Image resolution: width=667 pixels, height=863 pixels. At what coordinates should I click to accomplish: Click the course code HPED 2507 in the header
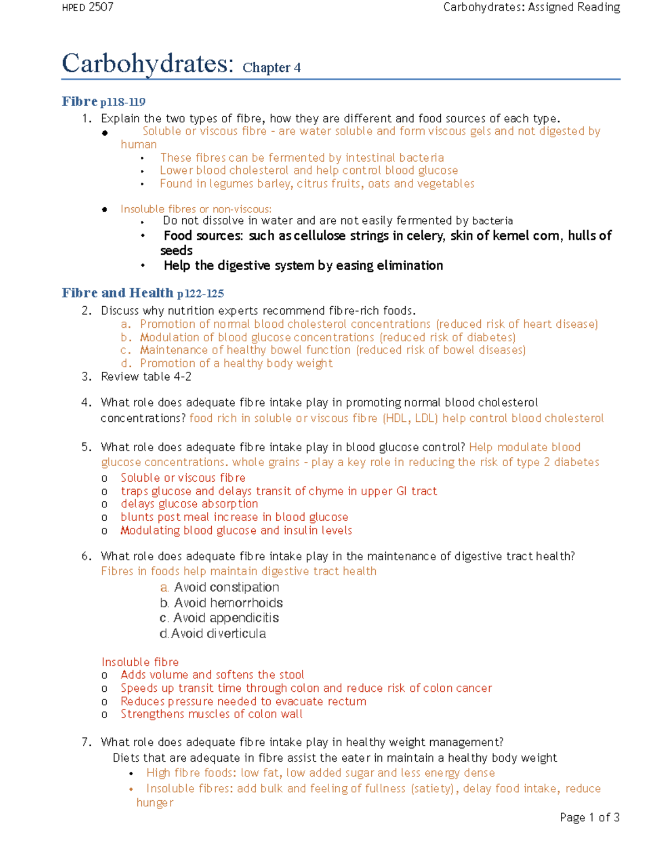click(87, 7)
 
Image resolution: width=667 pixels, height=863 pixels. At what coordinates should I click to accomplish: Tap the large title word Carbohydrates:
click(148, 64)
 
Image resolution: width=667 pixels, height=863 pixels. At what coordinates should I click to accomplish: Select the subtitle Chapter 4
click(271, 68)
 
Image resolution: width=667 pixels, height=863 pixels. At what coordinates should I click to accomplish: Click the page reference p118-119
click(123, 102)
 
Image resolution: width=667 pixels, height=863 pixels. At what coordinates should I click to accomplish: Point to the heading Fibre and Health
click(117, 293)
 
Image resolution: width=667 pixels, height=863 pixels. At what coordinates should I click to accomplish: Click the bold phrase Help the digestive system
click(239, 266)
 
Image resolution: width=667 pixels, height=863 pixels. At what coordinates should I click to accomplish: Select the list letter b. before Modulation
click(126, 337)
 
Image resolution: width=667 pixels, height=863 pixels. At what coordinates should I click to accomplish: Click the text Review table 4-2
click(146, 377)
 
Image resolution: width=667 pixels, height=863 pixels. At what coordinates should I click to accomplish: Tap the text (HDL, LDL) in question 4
click(410, 418)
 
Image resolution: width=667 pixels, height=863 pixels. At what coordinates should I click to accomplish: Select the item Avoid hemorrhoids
click(228, 603)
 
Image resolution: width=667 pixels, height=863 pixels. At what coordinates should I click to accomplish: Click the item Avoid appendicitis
click(226, 618)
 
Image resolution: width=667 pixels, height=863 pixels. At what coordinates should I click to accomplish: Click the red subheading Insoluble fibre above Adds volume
click(140, 662)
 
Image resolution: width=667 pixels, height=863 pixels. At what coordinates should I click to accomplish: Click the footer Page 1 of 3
click(589, 817)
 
